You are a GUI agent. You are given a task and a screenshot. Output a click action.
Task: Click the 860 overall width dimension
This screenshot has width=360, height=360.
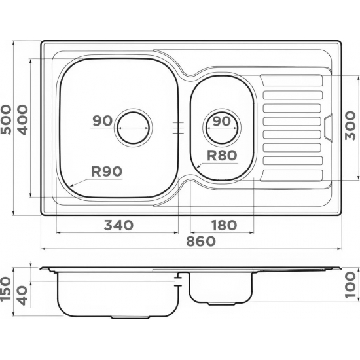point(201,241)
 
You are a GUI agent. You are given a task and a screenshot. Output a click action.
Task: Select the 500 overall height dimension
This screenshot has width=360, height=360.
point(6,120)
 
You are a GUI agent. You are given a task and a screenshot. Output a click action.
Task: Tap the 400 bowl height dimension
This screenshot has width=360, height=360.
point(23,120)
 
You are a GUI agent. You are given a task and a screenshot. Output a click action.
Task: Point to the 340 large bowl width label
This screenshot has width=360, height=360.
point(118,225)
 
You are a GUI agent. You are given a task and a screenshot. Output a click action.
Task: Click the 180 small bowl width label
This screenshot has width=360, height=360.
point(224,225)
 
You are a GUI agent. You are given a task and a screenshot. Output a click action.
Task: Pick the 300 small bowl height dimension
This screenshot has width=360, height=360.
point(350,126)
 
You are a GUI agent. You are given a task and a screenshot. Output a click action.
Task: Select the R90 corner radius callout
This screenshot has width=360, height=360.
point(107,171)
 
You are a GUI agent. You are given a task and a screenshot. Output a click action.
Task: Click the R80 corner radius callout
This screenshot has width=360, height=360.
point(222,155)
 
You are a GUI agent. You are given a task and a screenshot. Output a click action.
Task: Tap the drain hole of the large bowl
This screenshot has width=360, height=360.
point(133,128)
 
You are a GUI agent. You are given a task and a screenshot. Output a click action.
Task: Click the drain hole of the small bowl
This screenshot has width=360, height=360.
point(222,128)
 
